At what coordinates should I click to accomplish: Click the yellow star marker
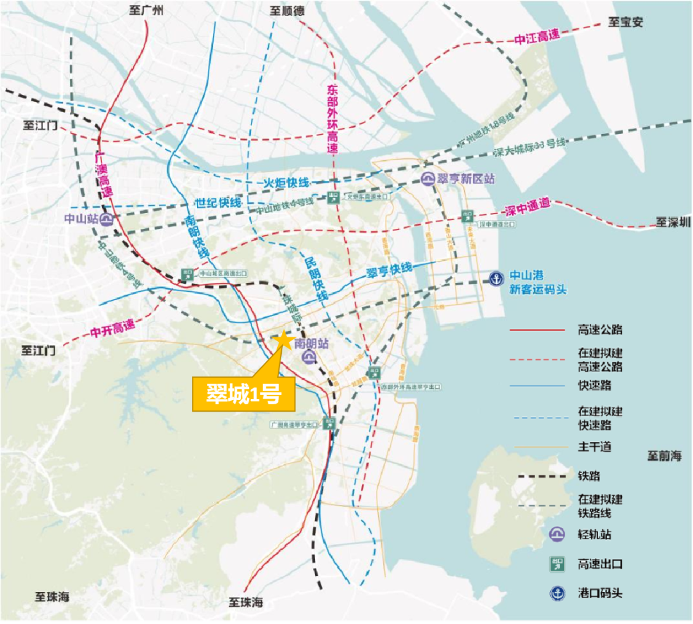283,340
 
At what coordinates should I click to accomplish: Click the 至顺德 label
287,10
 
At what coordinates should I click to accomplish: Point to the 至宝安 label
626,22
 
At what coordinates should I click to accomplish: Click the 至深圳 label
673,223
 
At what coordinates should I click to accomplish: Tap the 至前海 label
664,456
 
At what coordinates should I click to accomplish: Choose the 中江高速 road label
537,38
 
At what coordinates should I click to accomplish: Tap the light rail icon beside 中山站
107,219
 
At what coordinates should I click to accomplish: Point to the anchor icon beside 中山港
495,279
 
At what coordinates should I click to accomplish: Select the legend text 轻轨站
594,534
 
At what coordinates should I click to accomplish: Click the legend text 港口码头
600,593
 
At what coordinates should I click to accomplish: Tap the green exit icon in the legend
556,564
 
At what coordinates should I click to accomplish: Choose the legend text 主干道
594,446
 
